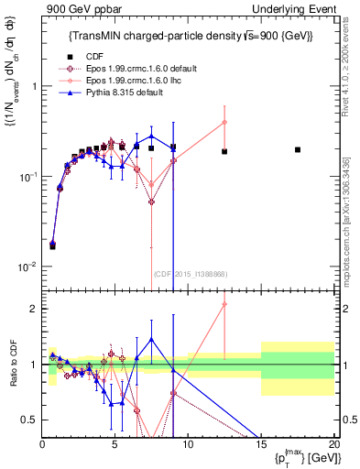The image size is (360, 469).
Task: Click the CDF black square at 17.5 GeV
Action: pos(298,149)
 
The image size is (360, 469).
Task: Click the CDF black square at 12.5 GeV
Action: pos(224,151)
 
